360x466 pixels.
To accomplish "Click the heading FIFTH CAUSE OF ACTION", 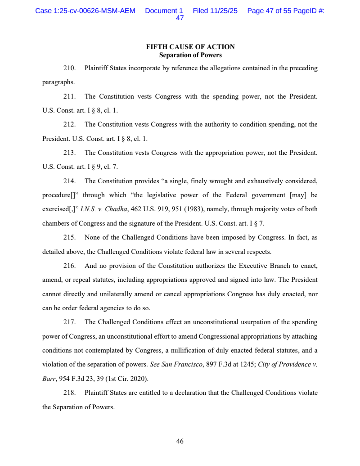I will pyautogui.click(x=190, y=47).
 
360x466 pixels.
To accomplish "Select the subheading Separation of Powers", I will pyautogui.click(x=190, y=55).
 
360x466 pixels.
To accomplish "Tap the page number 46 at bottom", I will pyautogui.click(x=180, y=442).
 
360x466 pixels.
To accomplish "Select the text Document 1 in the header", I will pyautogui.click(x=164, y=11).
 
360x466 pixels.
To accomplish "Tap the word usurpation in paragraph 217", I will pyautogui.click(x=258, y=322).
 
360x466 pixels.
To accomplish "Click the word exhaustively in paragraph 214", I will pyautogui.click(x=256, y=181).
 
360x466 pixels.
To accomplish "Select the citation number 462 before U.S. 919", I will pyautogui.click(x=136, y=209).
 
